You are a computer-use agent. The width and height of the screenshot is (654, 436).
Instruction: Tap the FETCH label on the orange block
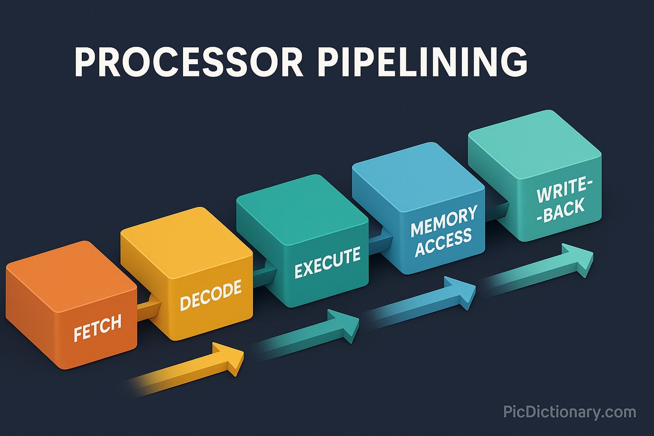point(98,328)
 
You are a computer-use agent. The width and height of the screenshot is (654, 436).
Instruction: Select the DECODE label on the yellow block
point(211,295)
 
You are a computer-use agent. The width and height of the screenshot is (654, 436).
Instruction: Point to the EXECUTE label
point(327,263)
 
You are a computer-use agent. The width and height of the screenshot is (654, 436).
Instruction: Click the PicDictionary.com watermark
point(569,411)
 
